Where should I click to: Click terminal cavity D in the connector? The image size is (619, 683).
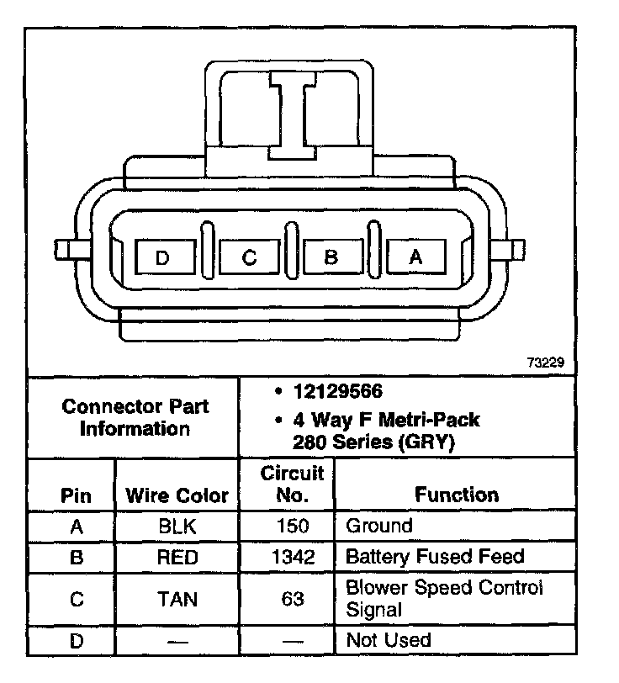pyautogui.click(x=163, y=257)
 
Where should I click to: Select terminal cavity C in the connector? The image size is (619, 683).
pyautogui.click(x=248, y=257)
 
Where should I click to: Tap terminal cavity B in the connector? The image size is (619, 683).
pyautogui.click(x=331, y=257)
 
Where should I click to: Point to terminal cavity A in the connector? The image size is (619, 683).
pyautogui.click(x=415, y=257)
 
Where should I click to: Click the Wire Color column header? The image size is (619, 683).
pyautogui.click(x=177, y=495)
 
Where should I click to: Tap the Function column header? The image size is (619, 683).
pyautogui.click(x=457, y=495)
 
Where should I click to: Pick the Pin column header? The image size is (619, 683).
pyautogui.click(x=76, y=495)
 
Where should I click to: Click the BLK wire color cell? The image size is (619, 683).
pyautogui.click(x=177, y=527)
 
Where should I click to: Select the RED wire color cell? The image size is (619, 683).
pyautogui.click(x=177, y=557)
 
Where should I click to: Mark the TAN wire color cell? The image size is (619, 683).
pyautogui.click(x=177, y=599)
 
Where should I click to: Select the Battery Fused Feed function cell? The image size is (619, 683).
pyautogui.click(x=435, y=557)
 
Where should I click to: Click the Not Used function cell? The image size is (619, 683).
pyautogui.click(x=388, y=641)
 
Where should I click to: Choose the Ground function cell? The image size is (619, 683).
pyautogui.click(x=379, y=527)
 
